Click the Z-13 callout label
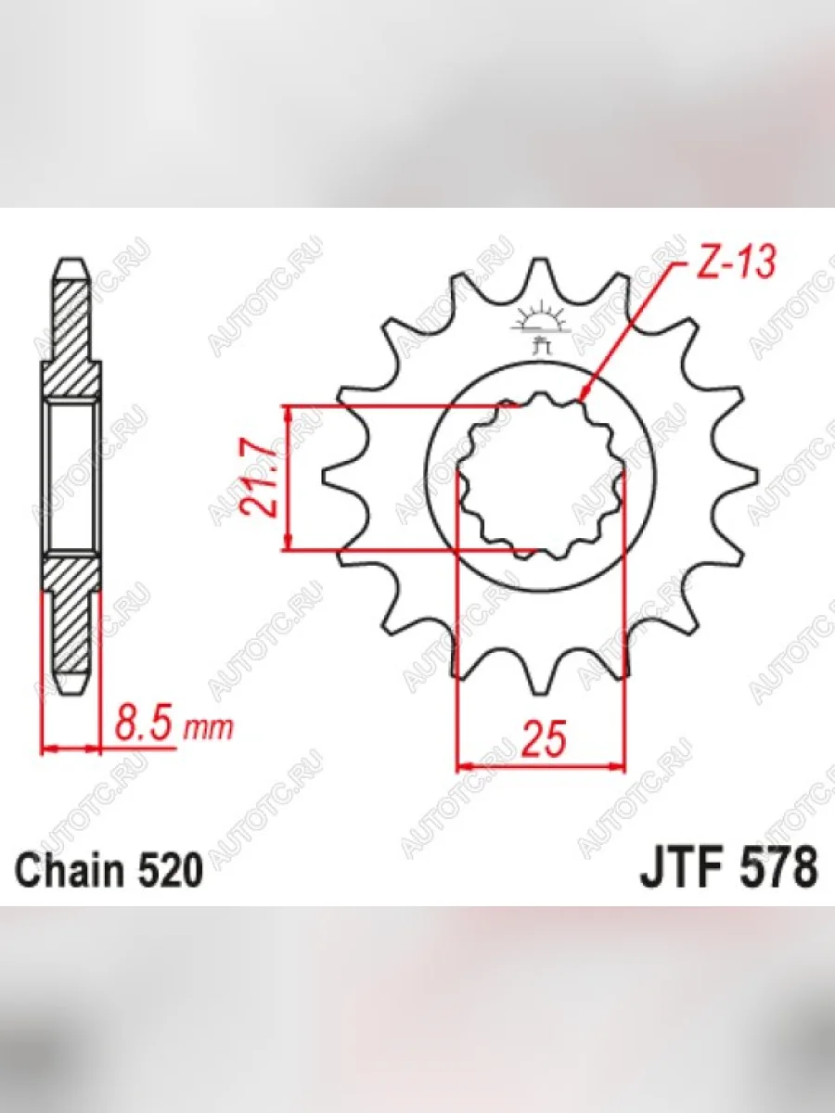(x=736, y=263)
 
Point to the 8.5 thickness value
(x=144, y=726)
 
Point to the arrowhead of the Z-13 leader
(x=583, y=396)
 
